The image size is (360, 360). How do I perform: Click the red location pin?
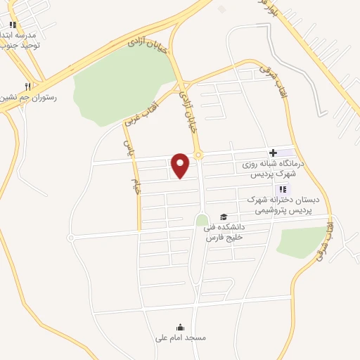pos(181,165)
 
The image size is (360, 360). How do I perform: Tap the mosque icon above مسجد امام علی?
pos(180,327)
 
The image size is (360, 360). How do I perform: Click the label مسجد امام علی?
pos(181,337)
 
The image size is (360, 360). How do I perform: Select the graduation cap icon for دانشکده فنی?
pos(224,217)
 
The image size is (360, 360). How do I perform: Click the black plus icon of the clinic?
pos(273,153)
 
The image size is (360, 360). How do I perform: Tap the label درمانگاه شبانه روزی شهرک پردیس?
pos(270,168)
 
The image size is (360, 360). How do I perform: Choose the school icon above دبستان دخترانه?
pos(283,189)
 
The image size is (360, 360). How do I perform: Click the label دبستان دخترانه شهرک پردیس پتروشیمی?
pos(283,205)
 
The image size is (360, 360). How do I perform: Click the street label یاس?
pos(128,147)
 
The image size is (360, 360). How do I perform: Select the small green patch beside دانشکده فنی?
pos(202,221)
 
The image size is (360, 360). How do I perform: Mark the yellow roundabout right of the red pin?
pos(199,155)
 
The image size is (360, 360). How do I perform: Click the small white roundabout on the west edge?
pos(70,238)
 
